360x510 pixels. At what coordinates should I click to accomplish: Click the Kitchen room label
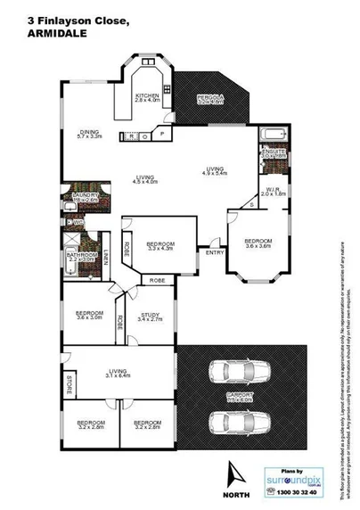click(146, 97)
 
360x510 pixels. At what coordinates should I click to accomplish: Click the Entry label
click(215, 252)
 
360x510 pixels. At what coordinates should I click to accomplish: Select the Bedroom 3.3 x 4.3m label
click(160, 246)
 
